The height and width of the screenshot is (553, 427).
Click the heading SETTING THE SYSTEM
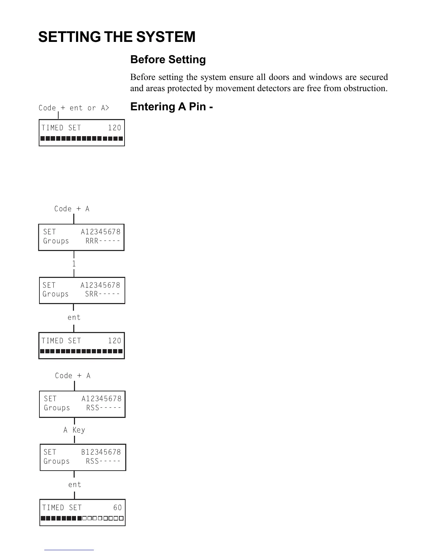coord(117,37)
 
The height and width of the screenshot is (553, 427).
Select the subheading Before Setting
coord(168,60)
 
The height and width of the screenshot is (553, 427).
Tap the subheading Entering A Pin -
coord(171,106)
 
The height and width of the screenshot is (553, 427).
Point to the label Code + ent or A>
coord(74,108)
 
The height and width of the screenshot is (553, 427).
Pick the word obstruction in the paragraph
coord(365,88)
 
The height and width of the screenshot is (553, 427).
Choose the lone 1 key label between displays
coord(74,264)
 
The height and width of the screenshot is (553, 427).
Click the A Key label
coord(74,430)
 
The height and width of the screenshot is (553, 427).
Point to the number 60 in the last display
coord(118,508)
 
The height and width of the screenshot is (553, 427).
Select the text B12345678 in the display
coord(101,452)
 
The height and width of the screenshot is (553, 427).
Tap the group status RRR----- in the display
coord(103,241)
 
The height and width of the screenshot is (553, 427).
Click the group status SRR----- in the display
coord(103,294)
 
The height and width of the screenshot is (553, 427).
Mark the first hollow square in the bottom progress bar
coord(85,518)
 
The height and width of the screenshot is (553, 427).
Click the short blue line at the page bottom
coord(69,550)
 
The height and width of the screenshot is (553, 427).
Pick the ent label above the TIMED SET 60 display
coord(75,485)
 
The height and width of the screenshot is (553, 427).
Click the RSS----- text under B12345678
coord(103,461)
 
